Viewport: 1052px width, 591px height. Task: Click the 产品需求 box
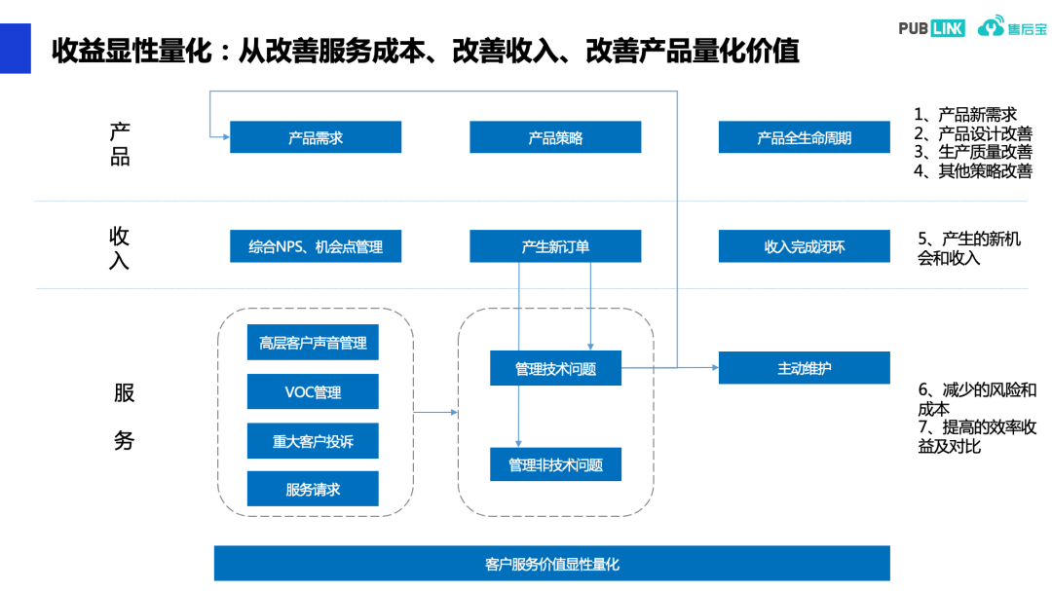tap(316, 137)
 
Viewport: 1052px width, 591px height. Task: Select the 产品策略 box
tap(555, 137)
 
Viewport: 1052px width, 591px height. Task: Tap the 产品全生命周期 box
tap(804, 137)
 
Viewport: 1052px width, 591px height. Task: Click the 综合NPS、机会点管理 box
tap(316, 246)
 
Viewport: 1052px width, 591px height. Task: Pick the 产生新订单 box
tap(555, 246)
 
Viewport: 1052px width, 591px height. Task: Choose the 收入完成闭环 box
tap(804, 246)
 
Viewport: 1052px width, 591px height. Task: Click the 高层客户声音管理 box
tap(313, 343)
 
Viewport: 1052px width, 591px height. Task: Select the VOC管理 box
tap(313, 392)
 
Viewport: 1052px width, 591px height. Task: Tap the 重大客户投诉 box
tap(313, 441)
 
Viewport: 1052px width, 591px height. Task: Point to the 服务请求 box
tap(313, 489)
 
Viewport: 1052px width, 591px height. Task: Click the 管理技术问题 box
tap(555, 368)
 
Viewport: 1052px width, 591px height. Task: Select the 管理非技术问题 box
tap(555, 464)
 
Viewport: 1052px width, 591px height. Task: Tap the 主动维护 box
tap(804, 367)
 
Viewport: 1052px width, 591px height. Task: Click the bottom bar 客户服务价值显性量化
tap(551, 563)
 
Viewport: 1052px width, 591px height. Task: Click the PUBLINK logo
tap(931, 28)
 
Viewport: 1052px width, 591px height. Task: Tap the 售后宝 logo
tap(1012, 28)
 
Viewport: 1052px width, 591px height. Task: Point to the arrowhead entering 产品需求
tap(224, 137)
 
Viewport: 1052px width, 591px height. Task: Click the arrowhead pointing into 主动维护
tap(713, 367)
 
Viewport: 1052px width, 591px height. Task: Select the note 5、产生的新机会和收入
tap(968, 248)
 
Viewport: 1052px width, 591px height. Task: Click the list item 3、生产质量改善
tap(972, 152)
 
